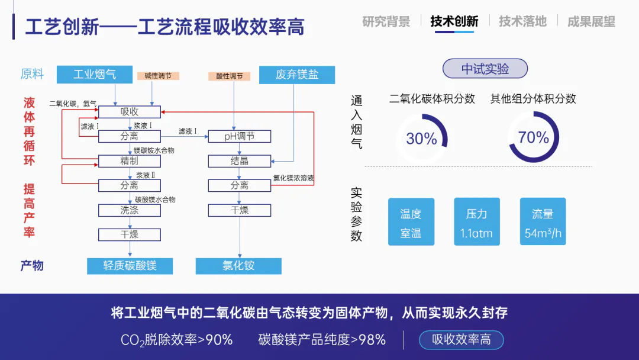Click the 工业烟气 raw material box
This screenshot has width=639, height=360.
coord(94,75)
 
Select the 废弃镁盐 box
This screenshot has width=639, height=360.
coord(297,75)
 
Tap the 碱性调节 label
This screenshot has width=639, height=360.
coord(158,76)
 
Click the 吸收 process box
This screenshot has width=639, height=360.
coord(130,112)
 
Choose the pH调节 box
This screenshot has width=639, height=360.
coord(239,137)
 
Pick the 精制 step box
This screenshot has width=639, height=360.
coord(130,161)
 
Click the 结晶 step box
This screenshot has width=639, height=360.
coord(239,161)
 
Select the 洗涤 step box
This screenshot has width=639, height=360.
coord(130,210)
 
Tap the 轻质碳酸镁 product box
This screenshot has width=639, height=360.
coord(130,265)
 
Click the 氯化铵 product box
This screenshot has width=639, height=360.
coord(238,265)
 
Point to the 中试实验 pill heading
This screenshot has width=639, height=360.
coord(485,69)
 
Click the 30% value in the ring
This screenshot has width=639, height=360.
coord(421,139)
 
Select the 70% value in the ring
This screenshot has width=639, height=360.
coord(534,137)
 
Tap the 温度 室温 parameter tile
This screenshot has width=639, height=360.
coord(411,222)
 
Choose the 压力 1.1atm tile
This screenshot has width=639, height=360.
coord(476,222)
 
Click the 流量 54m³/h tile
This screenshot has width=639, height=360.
coord(543,222)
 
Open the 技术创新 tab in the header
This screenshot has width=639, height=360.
coord(454,21)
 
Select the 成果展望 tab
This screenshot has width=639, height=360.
coord(591,21)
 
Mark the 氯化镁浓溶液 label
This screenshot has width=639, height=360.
coord(293,178)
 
